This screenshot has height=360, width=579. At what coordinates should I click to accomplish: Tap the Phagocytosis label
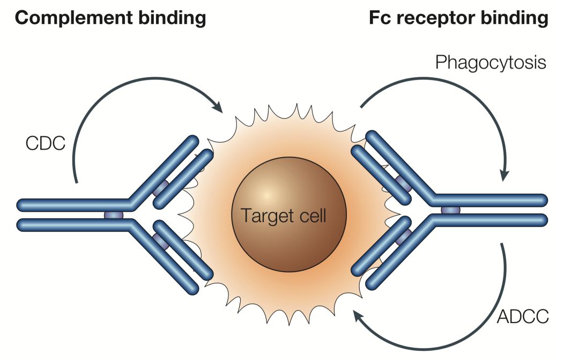coord(491,63)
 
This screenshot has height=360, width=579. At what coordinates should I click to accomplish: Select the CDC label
coord(44,143)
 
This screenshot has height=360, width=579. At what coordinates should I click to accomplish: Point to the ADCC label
coord(523,317)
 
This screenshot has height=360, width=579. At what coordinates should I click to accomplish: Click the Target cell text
coord(284,216)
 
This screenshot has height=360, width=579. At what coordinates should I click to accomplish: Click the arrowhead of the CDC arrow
coord(218,106)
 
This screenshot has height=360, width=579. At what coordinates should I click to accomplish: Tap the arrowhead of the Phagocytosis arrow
coord(504,175)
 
